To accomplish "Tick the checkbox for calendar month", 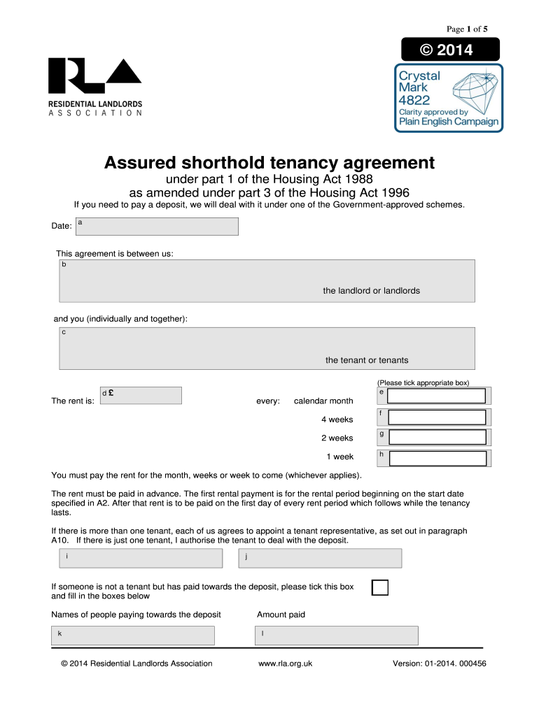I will click(437, 396).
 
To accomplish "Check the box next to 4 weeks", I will click(437, 417).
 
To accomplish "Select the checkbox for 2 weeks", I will click(437, 437).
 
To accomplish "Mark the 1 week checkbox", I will click(437, 458).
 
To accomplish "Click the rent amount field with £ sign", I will click(141, 396).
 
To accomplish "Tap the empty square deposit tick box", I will click(379, 587).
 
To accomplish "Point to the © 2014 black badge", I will click(449, 50).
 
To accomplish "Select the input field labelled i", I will click(140, 558).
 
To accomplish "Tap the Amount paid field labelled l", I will click(336, 636).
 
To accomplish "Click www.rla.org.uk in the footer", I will click(285, 664).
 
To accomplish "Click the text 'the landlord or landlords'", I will click(371, 290).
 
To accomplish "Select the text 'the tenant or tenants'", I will click(367, 360).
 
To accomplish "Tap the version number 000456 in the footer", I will click(472, 664).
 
